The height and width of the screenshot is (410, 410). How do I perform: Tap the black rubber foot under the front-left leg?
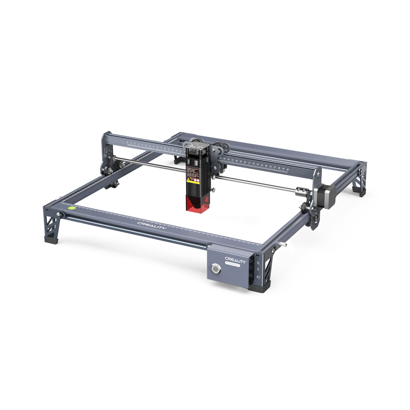pyautogui.click(x=51, y=239)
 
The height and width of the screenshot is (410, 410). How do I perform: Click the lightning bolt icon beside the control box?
pyautogui.click(x=258, y=270)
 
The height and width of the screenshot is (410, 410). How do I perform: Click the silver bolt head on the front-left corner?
pyautogui.click(x=58, y=214)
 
